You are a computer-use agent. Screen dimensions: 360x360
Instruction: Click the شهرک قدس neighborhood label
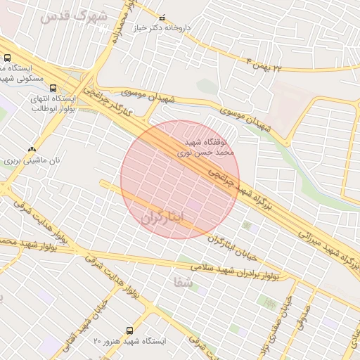(x=73, y=15)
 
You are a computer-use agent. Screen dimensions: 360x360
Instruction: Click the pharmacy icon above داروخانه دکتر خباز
(x=163, y=18)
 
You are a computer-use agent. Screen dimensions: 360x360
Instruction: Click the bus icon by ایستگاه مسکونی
(x=7, y=58)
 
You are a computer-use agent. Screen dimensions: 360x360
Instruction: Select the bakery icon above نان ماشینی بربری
(x=31, y=149)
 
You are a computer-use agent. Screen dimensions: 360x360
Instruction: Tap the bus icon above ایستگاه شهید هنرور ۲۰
(x=129, y=330)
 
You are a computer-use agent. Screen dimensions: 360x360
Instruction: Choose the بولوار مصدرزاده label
(x=127, y=21)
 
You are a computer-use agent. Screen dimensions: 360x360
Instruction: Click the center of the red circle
(x=180, y=180)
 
